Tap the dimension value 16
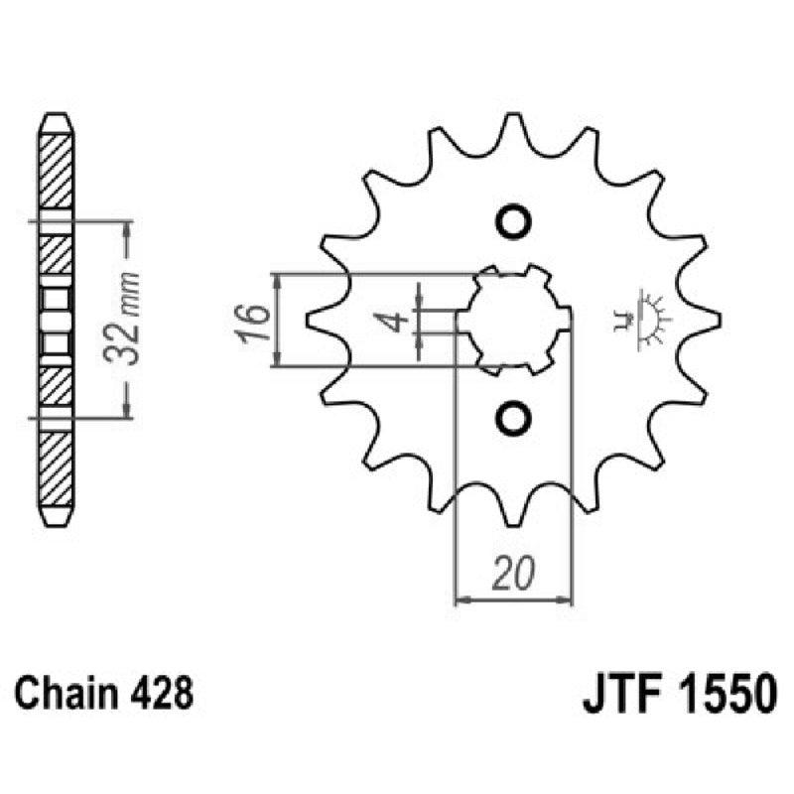point(253,319)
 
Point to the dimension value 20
point(514,574)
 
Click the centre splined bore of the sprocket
point(516,321)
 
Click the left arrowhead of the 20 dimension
point(461,599)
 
